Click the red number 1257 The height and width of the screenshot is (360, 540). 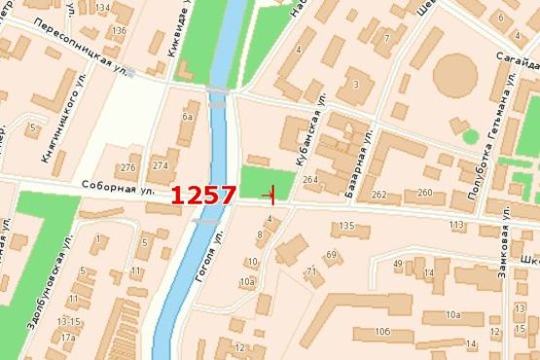(203, 194)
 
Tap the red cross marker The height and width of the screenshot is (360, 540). (272, 194)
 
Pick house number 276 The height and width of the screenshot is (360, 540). (127, 167)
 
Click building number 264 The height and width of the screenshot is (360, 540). (310, 181)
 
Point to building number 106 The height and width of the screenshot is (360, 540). (380, 333)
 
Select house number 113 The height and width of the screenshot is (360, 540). (456, 225)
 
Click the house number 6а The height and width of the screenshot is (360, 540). (188, 118)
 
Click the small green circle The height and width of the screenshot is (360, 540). (471, 136)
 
